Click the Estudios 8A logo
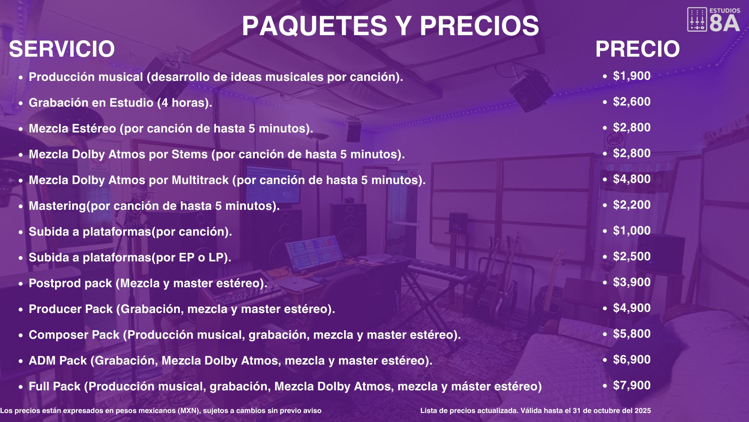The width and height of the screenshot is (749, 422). [x=714, y=20]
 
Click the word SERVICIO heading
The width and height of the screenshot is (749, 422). [x=62, y=49]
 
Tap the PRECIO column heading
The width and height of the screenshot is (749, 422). [x=637, y=49]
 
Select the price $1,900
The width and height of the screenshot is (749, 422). [x=632, y=76]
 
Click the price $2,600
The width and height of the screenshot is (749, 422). [x=632, y=102]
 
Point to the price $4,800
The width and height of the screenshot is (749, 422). [x=632, y=179]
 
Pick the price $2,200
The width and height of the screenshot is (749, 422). [x=632, y=205]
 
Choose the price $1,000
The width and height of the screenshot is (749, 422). [x=632, y=231]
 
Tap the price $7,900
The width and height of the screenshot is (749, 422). [x=632, y=385]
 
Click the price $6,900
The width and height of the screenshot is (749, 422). [x=632, y=359]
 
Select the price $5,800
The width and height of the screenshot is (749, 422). [x=632, y=334]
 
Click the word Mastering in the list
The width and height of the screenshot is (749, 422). [x=57, y=206]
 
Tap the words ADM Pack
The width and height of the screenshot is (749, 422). [x=58, y=361]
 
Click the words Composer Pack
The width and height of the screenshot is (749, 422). [x=74, y=335]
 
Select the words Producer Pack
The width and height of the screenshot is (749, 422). [x=71, y=309]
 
